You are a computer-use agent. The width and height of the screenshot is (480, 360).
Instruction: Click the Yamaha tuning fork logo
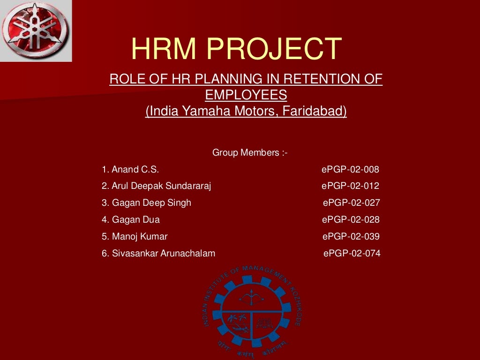point(35,30)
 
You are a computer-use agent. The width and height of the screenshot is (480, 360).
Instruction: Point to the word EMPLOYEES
point(246,95)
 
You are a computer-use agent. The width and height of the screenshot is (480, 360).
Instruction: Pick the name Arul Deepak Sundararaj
point(157,186)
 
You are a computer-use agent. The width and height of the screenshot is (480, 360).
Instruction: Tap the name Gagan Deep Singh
point(146,203)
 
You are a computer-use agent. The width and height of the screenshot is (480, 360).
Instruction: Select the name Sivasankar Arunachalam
point(158,254)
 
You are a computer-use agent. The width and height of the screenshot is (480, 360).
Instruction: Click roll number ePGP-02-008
point(350,170)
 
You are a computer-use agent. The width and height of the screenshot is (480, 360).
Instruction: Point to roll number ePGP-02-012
point(350,186)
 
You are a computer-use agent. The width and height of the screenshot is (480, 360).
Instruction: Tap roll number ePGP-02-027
point(351,203)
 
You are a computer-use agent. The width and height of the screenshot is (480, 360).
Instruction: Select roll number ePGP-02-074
point(352,254)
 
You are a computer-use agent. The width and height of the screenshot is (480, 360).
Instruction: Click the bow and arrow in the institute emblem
point(253,296)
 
